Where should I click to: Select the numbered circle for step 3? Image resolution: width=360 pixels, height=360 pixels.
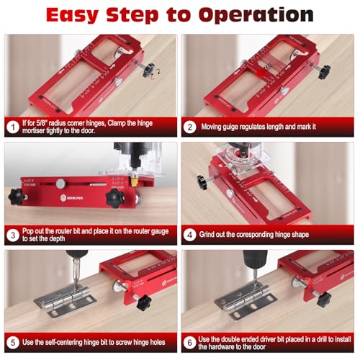pos(12,234)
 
